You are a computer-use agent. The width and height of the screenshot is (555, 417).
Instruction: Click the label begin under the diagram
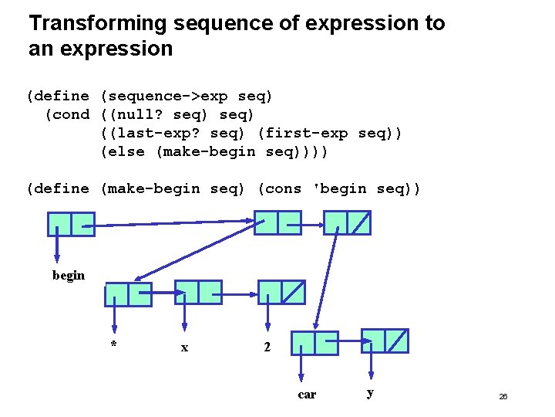69,275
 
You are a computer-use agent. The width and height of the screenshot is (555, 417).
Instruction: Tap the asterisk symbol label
113,344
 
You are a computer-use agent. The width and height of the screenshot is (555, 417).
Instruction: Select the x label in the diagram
184,347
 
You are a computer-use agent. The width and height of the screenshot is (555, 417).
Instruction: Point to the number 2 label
267,347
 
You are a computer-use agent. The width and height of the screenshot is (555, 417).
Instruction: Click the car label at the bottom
307,395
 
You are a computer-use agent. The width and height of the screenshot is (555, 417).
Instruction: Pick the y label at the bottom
371,393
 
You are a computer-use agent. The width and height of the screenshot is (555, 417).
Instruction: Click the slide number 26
503,396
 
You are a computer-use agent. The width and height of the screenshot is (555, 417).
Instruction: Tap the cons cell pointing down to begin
71,224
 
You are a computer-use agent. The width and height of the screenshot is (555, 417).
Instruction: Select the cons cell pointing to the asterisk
128,294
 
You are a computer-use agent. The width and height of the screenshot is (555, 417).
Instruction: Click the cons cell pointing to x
198,292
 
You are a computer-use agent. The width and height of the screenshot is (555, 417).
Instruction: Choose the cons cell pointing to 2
281,292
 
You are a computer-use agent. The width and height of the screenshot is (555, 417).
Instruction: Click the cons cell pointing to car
314,343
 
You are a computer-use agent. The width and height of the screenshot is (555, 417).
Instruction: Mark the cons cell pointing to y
385,341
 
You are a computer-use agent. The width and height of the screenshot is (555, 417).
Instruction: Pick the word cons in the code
284,189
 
